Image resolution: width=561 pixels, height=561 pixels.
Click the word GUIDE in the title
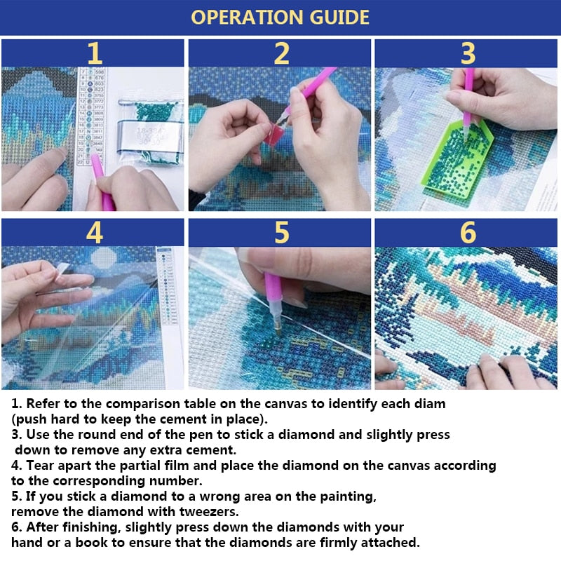(x=335, y=18)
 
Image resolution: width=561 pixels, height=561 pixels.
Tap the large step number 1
(x=94, y=53)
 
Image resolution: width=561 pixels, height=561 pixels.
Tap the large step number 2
(x=281, y=53)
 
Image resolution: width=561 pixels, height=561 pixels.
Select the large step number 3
(x=468, y=53)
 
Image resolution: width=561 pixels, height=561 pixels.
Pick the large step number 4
(x=94, y=233)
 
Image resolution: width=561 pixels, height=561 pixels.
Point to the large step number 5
(x=281, y=233)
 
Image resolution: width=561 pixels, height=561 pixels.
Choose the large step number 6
(x=468, y=233)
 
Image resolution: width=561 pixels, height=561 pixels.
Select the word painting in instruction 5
(x=342, y=496)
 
